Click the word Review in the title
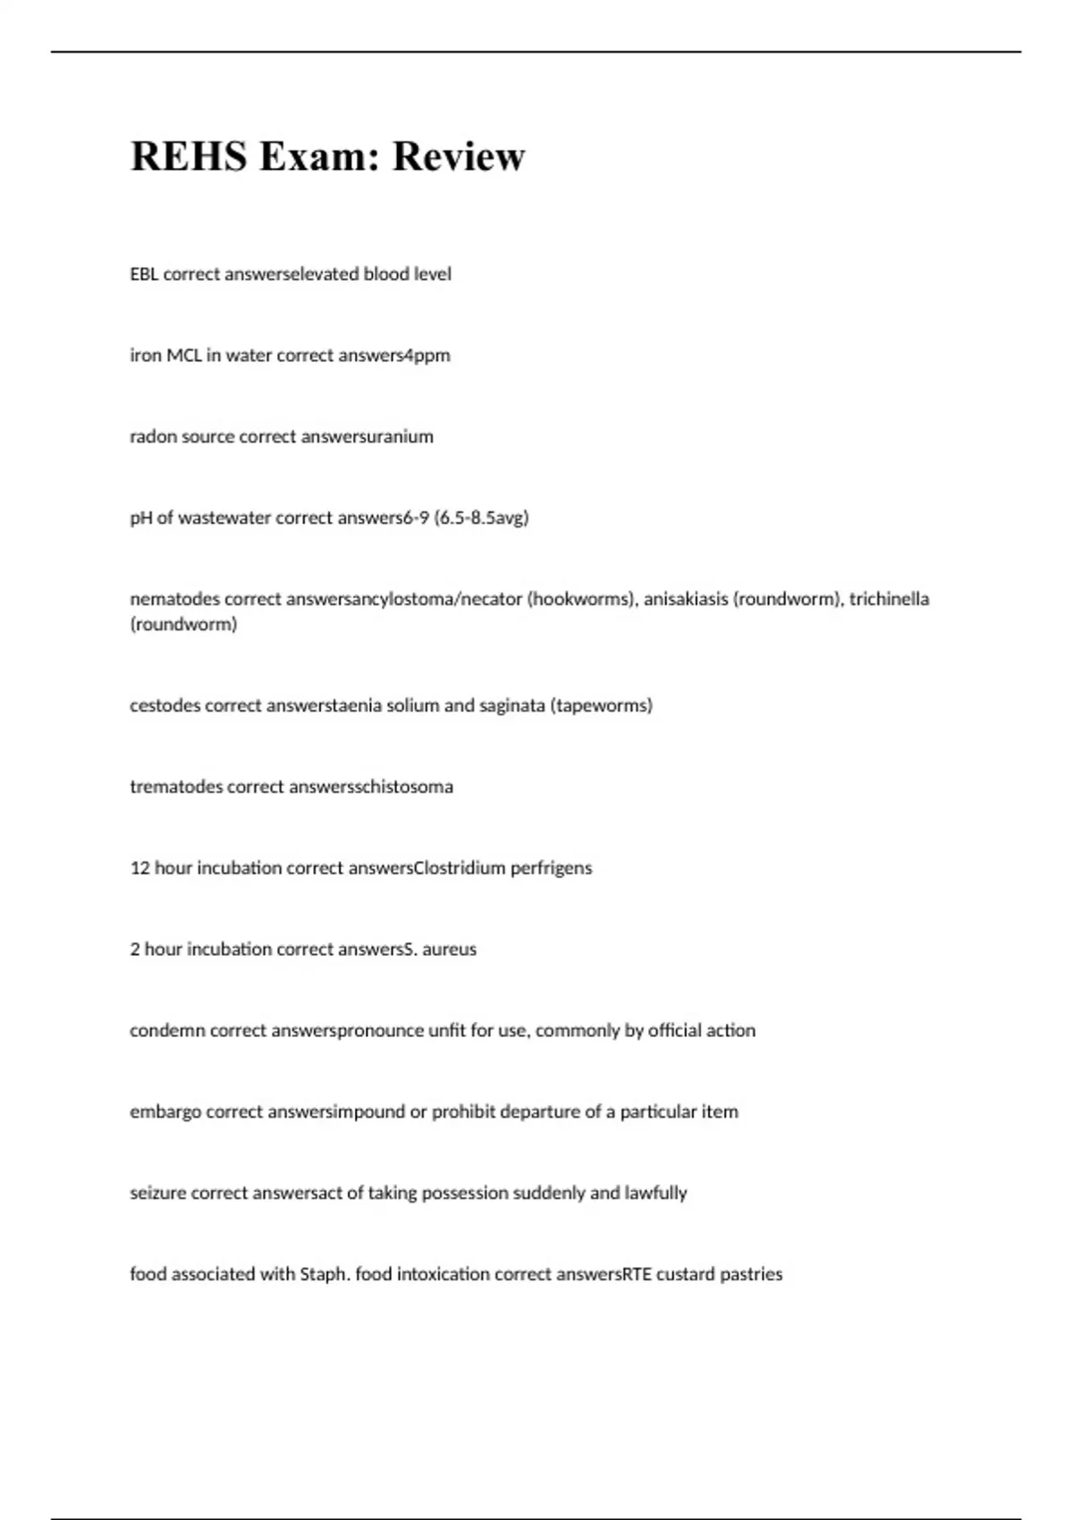click(458, 156)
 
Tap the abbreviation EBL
click(144, 274)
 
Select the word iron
click(146, 356)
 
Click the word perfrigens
click(551, 868)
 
